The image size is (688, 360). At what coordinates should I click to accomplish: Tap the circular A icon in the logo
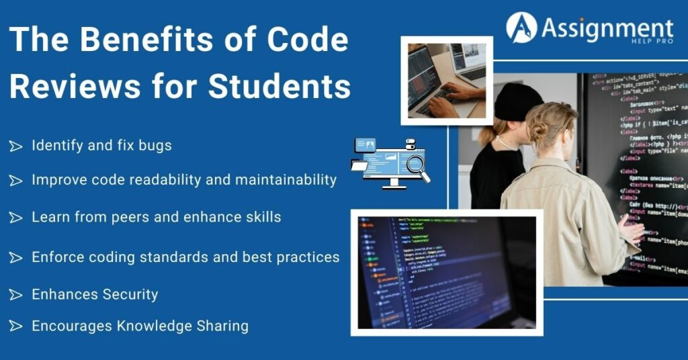click(x=521, y=28)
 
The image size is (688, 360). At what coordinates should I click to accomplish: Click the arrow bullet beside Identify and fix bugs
click(x=15, y=146)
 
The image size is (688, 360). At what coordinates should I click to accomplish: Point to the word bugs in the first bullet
click(x=156, y=145)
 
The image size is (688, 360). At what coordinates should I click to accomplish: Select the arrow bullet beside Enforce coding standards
click(x=15, y=258)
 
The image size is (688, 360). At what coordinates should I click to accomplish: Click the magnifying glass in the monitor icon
click(x=418, y=165)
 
